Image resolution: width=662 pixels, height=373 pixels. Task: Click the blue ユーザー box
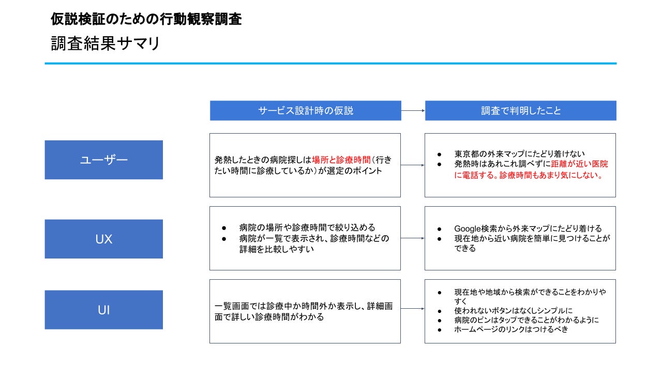click(x=104, y=160)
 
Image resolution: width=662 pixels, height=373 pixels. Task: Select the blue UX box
click(x=104, y=239)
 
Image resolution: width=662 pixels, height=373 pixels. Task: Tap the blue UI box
click(x=104, y=310)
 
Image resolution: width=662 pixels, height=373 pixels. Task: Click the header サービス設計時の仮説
click(x=306, y=111)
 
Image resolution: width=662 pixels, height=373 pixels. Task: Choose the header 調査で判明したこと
click(x=521, y=111)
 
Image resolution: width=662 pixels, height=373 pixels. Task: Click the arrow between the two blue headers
click(x=413, y=111)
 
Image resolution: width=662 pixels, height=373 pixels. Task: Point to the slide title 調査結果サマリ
click(x=105, y=44)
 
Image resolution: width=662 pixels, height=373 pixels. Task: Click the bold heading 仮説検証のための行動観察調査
click(x=146, y=19)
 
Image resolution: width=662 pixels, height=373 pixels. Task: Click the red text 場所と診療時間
click(x=341, y=160)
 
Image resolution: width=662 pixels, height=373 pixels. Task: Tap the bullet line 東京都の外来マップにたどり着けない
click(x=519, y=154)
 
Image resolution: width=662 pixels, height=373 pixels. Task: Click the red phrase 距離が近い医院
click(x=580, y=164)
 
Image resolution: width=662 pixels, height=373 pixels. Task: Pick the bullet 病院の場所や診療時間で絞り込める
click(x=307, y=227)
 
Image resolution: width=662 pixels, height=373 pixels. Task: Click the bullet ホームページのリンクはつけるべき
click(x=511, y=329)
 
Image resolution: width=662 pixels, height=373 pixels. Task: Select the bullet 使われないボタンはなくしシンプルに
click(x=514, y=310)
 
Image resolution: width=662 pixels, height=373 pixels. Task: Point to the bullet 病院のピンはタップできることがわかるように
click(x=526, y=320)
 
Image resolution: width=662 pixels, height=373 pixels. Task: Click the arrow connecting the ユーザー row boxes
click(x=413, y=165)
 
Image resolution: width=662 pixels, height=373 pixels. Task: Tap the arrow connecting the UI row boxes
click(x=413, y=309)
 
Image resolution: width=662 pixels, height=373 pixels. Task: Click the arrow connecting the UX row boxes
click(x=413, y=238)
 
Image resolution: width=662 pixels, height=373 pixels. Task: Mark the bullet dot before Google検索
click(x=440, y=229)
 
